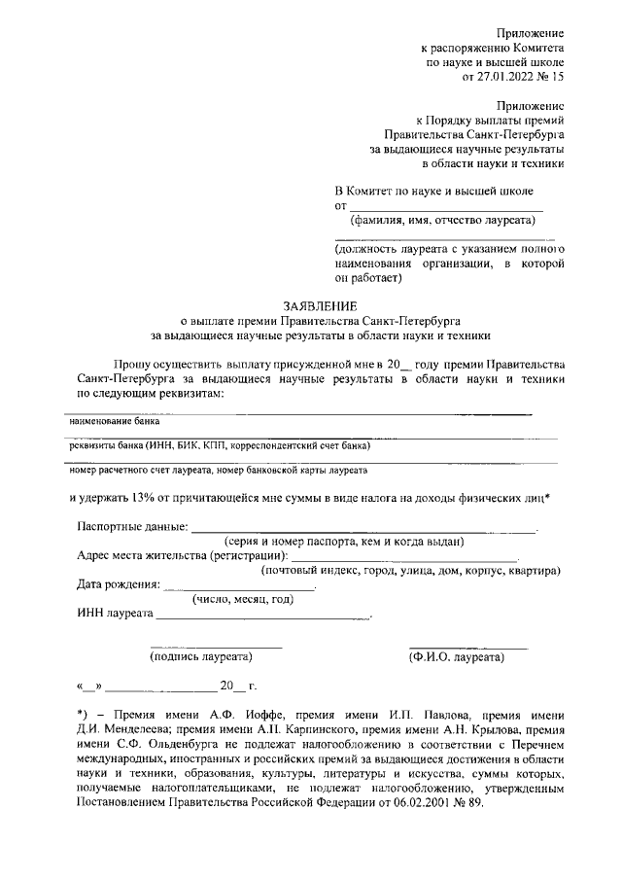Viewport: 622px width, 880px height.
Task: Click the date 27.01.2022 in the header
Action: (506, 75)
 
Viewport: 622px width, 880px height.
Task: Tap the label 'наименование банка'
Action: (114, 423)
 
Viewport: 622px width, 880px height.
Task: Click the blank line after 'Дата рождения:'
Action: (240, 588)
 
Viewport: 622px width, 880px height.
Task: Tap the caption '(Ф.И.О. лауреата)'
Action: (456, 657)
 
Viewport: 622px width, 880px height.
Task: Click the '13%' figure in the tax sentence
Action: (143, 499)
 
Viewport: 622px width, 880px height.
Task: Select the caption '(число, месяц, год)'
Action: (243, 599)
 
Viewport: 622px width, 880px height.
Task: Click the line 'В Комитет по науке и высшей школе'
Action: (446, 191)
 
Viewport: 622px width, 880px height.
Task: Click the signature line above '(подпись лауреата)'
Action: (216, 648)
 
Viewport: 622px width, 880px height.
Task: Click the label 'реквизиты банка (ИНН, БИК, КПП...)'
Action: (220, 447)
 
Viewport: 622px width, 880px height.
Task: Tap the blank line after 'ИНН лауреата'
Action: (262, 616)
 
